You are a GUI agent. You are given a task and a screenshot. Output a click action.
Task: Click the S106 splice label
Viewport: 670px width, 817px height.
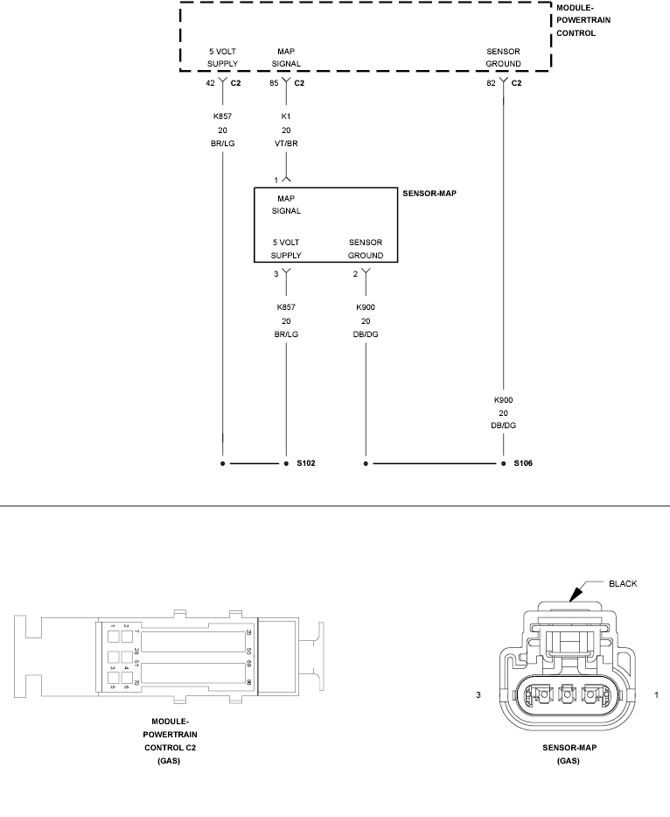[x=523, y=462]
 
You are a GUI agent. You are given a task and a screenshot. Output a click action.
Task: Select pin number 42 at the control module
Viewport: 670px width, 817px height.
[x=210, y=83]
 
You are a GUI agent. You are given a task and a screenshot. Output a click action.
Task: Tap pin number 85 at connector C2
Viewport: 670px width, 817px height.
[x=275, y=83]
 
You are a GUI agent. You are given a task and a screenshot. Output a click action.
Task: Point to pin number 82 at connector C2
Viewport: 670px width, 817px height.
[x=491, y=83]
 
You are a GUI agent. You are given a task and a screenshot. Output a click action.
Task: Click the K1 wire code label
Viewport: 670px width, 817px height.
[x=286, y=115]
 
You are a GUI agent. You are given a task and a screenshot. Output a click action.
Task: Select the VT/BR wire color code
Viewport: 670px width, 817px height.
[x=286, y=145]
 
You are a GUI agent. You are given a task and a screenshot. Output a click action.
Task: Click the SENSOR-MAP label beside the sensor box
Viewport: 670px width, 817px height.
[x=429, y=193]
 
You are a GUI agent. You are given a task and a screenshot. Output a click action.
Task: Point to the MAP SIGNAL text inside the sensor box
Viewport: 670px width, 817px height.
[x=286, y=204]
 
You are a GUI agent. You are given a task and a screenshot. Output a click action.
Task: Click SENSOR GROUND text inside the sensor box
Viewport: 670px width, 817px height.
[x=366, y=249]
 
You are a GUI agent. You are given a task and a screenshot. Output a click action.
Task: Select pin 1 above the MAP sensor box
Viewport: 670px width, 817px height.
[x=276, y=180]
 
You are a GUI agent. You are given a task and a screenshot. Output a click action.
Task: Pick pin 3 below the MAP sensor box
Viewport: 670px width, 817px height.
[x=276, y=274]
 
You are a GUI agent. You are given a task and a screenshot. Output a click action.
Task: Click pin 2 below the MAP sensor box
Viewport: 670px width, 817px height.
[x=355, y=274]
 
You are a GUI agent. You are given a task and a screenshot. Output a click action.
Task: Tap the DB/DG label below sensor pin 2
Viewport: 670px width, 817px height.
[x=366, y=335]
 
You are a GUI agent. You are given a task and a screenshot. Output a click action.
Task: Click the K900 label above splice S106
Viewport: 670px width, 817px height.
[x=503, y=399]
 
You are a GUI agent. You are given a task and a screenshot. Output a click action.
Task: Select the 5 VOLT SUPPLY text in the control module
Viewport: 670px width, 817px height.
[x=222, y=58]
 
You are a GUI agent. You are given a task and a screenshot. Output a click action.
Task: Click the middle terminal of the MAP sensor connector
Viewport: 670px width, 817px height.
[x=567, y=695]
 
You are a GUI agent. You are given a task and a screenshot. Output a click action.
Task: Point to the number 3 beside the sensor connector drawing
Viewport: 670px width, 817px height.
[x=478, y=695]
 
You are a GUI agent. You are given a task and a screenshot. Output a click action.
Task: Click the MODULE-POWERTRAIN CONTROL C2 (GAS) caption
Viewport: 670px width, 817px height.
[x=164, y=741]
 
